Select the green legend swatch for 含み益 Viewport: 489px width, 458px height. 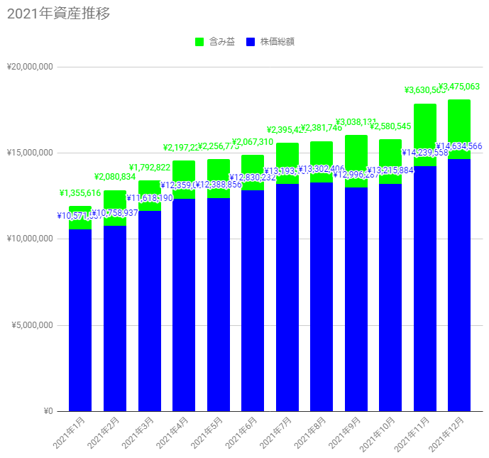199,42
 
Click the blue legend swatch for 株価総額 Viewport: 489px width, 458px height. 250,42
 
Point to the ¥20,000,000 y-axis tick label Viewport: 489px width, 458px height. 30,67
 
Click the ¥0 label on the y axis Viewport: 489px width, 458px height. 48,411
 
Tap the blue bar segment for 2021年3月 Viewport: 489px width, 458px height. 149,312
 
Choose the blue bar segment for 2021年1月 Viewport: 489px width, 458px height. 80,320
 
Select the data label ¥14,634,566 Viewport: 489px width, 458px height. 458,146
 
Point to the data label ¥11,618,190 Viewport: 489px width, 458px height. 150,198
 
